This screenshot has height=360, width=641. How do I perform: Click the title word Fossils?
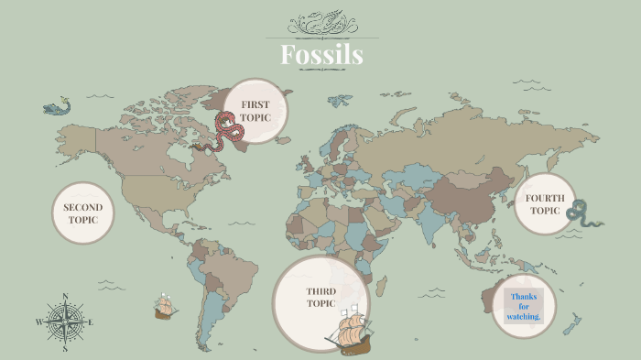click(x=320, y=55)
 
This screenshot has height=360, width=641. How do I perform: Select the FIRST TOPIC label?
click(x=255, y=111)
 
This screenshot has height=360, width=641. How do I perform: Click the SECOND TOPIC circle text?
click(x=82, y=213)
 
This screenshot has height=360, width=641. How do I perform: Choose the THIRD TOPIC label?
click(x=320, y=297)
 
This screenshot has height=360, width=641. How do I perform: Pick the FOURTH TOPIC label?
click(x=543, y=203)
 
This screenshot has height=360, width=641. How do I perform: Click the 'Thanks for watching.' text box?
click(x=525, y=306)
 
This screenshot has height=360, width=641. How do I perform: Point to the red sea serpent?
click(x=226, y=131)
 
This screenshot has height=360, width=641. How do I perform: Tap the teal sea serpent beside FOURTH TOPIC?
click(x=583, y=216)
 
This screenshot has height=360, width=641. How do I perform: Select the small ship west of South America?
click(x=165, y=307)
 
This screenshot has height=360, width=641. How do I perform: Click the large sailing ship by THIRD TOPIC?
click(x=353, y=333)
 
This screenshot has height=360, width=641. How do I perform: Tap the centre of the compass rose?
click(x=65, y=322)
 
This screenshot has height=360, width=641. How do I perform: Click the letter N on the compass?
click(x=65, y=296)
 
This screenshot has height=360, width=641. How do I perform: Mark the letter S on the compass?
click(x=65, y=348)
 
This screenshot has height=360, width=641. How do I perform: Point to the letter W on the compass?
click(x=38, y=322)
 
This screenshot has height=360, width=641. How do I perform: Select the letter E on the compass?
click(x=91, y=322)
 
